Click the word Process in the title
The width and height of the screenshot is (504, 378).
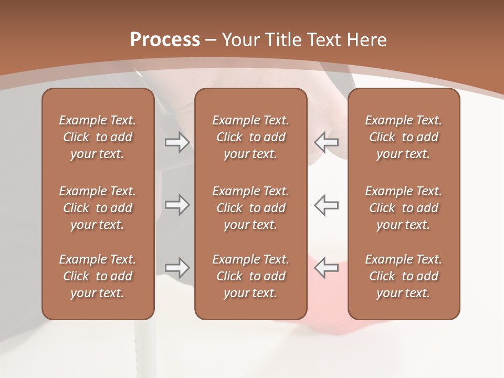click(x=165, y=40)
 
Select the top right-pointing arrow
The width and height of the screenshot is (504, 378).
click(x=177, y=142)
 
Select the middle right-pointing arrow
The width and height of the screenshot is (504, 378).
click(x=177, y=205)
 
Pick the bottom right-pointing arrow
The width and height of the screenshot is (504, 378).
click(x=177, y=267)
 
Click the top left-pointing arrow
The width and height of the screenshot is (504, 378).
click(x=326, y=142)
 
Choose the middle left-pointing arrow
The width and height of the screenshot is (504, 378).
click(x=326, y=205)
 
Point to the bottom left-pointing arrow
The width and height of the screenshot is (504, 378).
click(x=326, y=267)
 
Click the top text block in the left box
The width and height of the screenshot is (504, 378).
click(x=98, y=137)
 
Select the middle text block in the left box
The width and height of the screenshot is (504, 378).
click(x=98, y=208)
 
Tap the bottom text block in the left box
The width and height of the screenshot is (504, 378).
click(x=98, y=276)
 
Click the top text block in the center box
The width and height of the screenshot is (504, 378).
click(x=250, y=137)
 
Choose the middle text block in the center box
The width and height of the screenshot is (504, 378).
click(x=250, y=208)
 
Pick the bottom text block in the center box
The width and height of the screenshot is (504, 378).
click(x=250, y=276)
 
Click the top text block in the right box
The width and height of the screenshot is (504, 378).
click(x=403, y=137)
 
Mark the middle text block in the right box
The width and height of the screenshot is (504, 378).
click(x=403, y=208)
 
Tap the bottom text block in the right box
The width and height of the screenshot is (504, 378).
click(x=403, y=276)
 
